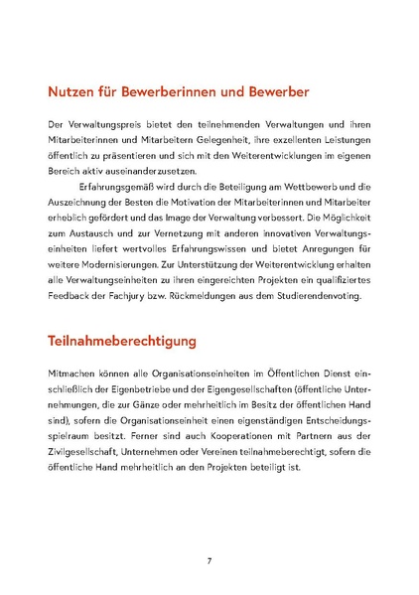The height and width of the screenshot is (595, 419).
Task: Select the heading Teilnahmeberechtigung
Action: [x=121, y=341]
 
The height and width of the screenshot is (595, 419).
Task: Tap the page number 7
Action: [x=209, y=561]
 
